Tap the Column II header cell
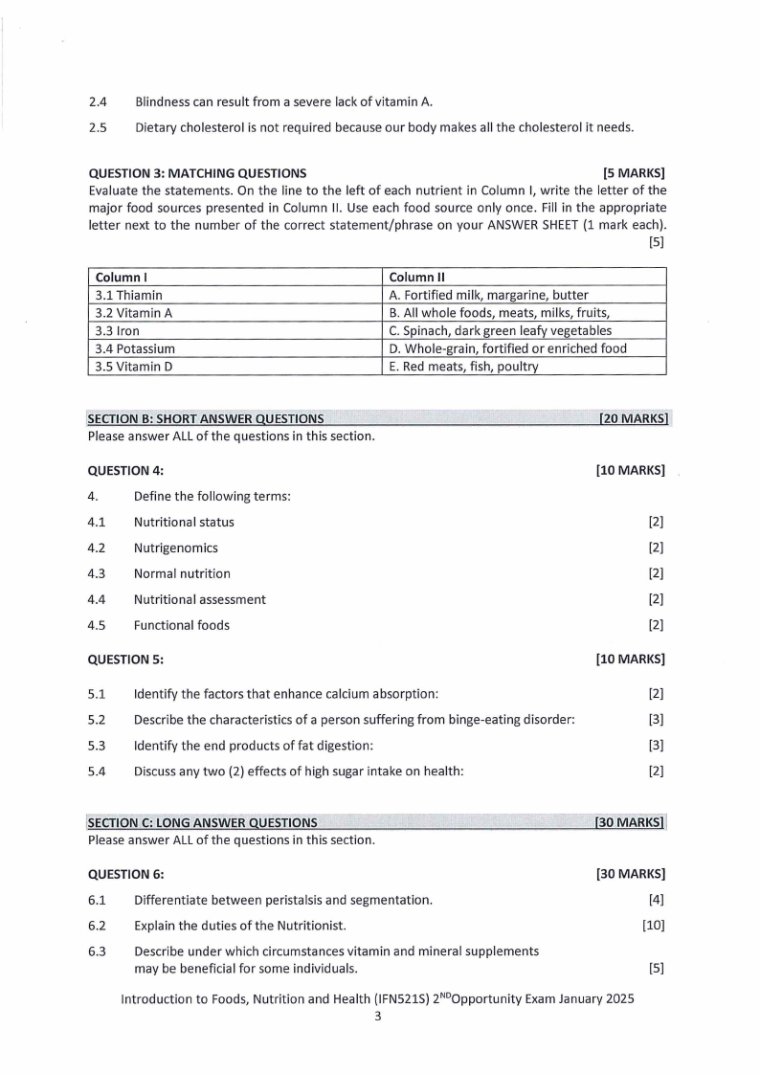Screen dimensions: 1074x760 click(523, 277)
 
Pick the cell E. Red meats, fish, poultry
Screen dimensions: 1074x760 click(523, 367)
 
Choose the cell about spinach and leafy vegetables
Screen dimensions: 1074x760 click(523, 330)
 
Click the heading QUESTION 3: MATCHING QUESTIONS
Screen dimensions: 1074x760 click(197, 173)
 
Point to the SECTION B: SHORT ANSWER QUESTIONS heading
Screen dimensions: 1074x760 click(205, 418)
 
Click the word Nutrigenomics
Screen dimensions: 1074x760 click(176, 548)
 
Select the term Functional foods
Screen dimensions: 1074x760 click(182, 626)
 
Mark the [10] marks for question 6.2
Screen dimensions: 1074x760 click(653, 926)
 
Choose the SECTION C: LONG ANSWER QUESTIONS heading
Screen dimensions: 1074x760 click(202, 822)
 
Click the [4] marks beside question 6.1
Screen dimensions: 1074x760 click(656, 900)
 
